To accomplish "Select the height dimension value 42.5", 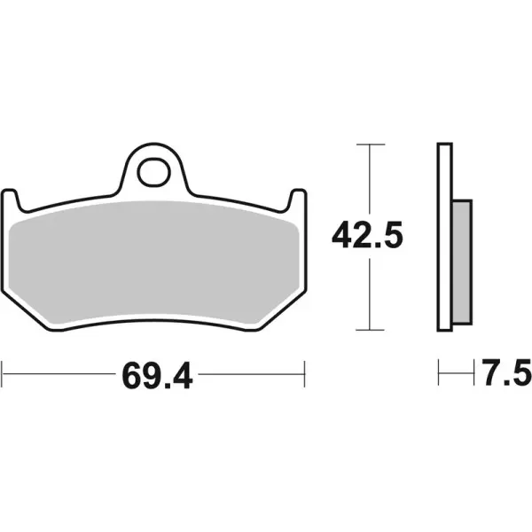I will [x=367, y=236].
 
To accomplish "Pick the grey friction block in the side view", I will [x=461, y=262].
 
